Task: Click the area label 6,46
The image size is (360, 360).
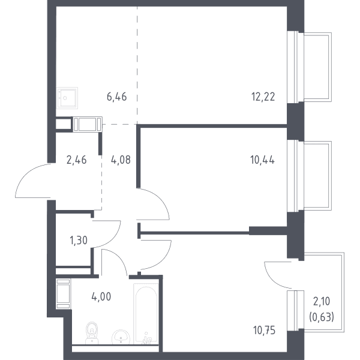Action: [116, 97]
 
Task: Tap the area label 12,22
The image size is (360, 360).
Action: [263, 97]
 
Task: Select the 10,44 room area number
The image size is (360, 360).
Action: [262, 160]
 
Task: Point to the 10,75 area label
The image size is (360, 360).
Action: [264, 331]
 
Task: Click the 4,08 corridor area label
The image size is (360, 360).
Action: [121, 160]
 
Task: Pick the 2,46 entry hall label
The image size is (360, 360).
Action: [76, 160]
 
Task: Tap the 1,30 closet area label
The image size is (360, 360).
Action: [79, 241]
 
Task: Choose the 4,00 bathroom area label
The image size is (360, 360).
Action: [101, 296]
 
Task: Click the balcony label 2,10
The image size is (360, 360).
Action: [322, 301]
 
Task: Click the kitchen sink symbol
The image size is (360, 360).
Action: [67, 98]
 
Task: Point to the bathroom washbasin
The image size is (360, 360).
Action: [121, 337]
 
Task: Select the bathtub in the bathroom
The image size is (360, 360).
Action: [146, 314]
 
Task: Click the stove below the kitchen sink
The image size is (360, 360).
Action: [88, 124]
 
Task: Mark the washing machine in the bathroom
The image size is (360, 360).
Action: [64, 294]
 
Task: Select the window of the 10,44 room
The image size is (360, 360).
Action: [295, 176]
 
